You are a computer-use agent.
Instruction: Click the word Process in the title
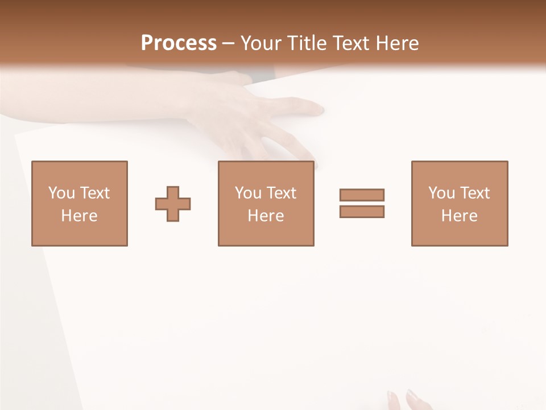tap(179, 43)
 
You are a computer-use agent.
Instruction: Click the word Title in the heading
tap(307, 43)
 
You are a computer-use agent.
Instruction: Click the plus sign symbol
tap(173, 204)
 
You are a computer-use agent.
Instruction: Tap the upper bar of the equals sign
tap(362, 195)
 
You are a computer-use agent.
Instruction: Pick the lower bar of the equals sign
tap(362, 211)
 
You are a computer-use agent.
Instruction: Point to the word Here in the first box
tap(80, 216)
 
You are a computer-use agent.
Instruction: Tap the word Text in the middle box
tap(281, 193)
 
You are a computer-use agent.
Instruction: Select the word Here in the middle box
tap(266, 216)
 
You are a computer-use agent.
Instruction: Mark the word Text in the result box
tap(474, 193)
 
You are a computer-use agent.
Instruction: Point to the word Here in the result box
tap(460, 216)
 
